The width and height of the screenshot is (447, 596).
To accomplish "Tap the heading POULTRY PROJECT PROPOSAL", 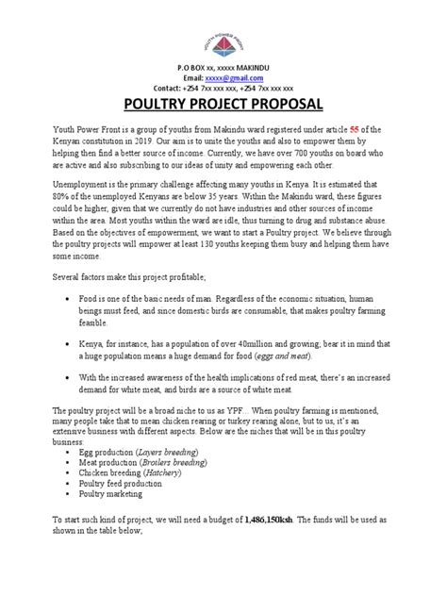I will pos(223,103).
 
